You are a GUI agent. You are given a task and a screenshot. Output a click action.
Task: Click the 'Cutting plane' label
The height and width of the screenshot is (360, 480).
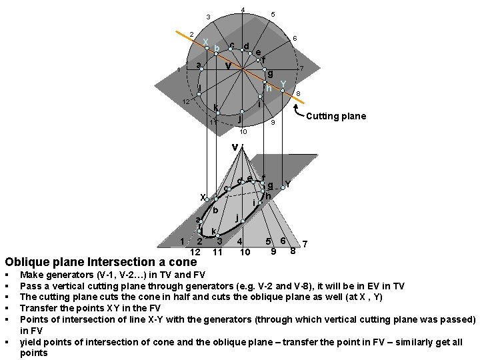click(336, 117)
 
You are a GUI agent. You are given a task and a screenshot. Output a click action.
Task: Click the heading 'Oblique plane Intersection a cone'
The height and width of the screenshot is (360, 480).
click(101, 262)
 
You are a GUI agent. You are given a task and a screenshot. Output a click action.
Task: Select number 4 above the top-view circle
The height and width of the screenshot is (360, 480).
click(243, 9)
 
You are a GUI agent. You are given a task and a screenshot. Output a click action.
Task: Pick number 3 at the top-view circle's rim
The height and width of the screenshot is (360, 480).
click(208, 17)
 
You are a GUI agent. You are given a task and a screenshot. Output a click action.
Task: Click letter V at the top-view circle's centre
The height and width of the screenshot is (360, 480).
click(228, 66)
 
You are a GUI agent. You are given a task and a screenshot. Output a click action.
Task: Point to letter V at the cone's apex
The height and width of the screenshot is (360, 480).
click(235, 147)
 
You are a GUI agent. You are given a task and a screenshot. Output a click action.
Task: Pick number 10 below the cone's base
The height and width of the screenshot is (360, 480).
click(245, 252)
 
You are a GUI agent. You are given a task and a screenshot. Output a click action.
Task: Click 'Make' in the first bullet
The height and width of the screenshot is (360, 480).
click(31, 274)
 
